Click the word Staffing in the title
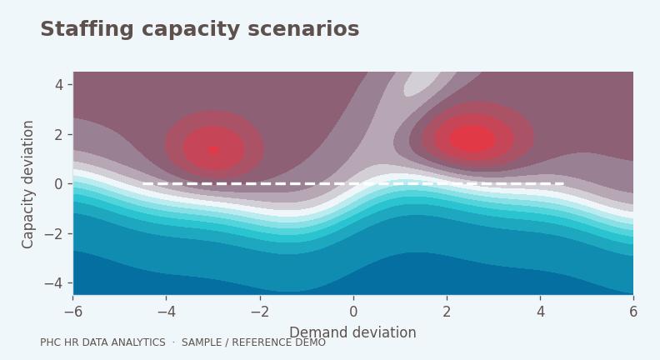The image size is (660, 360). pos(87,29)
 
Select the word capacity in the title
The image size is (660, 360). pos(191,30)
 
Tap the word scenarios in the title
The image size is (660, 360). pos(303,29)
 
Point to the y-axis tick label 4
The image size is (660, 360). pos(59,85)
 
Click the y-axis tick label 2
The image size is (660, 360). pos(59,135)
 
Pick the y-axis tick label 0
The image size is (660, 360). pos(59,184)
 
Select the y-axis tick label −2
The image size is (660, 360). pos(54,233)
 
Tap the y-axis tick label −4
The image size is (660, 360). pos(54,283)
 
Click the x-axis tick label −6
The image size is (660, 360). pos(73,312)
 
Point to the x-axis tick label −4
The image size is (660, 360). pos(167,312)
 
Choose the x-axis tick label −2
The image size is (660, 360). pos(260,312)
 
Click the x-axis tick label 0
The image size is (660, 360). pos(353,312)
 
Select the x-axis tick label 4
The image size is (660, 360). pos(541,312)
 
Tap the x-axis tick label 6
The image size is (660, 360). pos(633,312)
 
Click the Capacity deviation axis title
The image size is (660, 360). pos(27,184)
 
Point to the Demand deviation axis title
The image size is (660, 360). pos(352,332)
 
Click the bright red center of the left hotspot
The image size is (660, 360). pos(214,149)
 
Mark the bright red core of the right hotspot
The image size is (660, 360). pos(473,138)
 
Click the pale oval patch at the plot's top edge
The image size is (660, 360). pos(422,83)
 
